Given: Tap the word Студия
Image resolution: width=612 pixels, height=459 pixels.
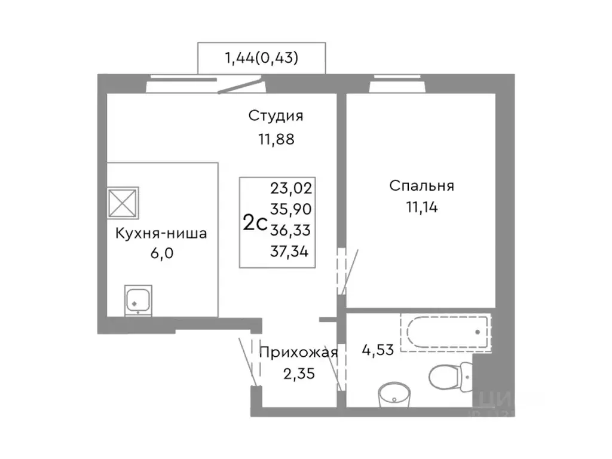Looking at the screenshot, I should [276, 115].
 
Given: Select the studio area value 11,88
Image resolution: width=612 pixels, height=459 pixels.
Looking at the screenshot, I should [276, 140].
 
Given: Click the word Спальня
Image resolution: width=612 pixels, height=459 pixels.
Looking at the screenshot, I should [421, 186].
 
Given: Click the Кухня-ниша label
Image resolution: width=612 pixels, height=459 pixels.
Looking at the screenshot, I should [161, 233].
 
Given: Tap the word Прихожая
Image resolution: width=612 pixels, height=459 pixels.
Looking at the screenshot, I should [298, 352].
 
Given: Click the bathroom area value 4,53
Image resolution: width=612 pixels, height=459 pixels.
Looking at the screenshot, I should [378, 350].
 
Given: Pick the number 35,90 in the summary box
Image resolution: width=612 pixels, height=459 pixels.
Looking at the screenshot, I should [292, 210].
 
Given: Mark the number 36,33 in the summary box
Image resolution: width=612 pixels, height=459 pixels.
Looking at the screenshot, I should [292, 230].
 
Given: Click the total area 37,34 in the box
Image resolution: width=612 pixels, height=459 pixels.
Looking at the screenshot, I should [292, 251].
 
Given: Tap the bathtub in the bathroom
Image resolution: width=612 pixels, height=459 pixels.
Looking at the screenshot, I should [445, 332].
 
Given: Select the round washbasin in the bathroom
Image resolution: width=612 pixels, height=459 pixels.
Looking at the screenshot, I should [394, 394].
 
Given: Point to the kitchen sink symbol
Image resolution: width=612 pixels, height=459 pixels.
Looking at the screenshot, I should [138, 299].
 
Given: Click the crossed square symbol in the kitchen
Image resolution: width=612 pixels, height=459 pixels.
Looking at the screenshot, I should [123, 203].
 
